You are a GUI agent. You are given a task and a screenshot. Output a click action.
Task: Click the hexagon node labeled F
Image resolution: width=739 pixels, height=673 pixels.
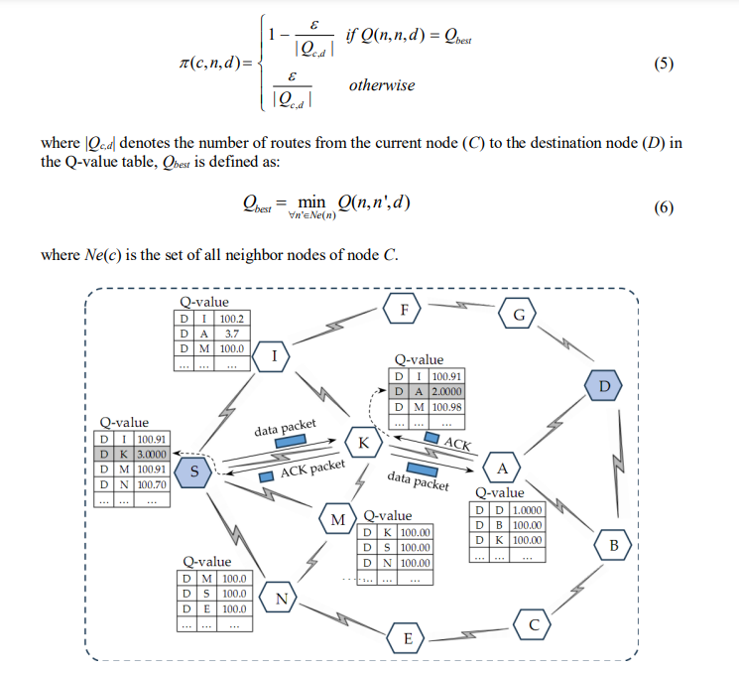tap(403, 309)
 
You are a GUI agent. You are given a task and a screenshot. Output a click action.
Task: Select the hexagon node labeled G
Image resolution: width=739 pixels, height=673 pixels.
tap(518, 315)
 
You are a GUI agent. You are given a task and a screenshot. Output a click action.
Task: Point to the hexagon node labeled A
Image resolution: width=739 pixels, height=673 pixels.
tap(501, 468)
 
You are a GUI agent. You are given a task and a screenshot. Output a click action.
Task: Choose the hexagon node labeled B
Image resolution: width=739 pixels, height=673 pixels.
tap(613, 545)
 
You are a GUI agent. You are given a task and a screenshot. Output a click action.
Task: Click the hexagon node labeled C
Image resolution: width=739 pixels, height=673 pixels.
tap(533, 624)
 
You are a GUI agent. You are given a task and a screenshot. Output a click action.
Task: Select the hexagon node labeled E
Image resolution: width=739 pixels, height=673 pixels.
tap(405, 637)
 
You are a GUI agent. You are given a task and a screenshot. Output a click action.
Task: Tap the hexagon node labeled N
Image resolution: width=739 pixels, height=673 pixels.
tap(281, 599)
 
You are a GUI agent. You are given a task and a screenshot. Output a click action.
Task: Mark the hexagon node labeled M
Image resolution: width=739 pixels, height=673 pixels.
tap(337, 519)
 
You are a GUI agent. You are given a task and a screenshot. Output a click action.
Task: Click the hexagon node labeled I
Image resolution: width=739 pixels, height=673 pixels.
tap(273, 354)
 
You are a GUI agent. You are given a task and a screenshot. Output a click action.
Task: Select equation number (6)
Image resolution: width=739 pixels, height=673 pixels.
tap(664, 206)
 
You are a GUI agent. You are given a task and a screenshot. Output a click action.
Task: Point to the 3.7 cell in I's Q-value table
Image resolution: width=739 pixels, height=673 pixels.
tap(230, 335)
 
